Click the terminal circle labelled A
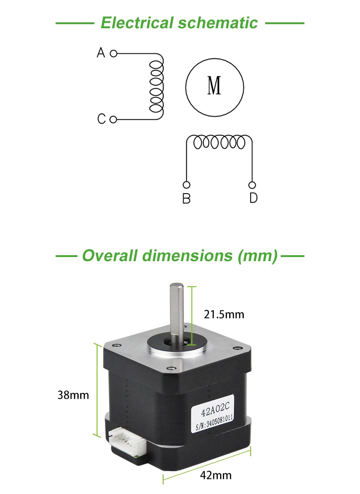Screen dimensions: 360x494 coord(113,54)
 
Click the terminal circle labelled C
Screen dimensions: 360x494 coord(113,119)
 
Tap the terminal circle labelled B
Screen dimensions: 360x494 coord(186,185)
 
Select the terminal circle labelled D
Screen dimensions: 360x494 coord(252,185)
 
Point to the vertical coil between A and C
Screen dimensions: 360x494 coord(157,87)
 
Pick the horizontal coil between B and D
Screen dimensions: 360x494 coord(219,142)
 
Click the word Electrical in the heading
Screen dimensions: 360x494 coord(137,23)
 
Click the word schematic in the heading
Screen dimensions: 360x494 coord(218,23)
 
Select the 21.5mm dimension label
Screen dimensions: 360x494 coord(224,314)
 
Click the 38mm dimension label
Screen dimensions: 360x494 coord(73,395)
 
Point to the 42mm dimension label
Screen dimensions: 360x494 coord(216,475)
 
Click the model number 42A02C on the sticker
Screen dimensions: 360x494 coord(216,408)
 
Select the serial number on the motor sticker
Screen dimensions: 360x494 coord(215,422)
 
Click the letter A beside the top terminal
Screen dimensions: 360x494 coord(101,52)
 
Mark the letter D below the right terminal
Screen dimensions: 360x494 coord(253,198)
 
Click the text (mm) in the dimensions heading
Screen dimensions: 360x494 coord(258,256)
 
